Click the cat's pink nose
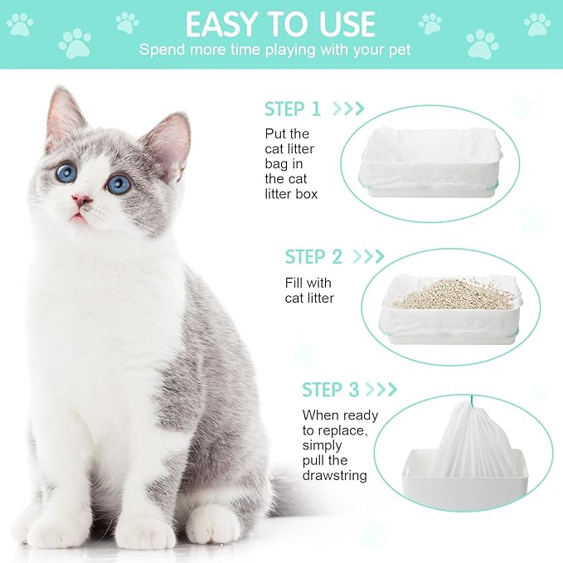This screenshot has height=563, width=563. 81,200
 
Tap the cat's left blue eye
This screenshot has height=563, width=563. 66,172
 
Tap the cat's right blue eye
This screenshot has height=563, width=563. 118,183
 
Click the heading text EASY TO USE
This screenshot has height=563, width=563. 280,24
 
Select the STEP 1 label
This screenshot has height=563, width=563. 292,109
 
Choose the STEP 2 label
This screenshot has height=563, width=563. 313,256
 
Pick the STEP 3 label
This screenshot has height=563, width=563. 330,389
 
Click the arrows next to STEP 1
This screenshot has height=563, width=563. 347,109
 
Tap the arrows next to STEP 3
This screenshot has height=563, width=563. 382,389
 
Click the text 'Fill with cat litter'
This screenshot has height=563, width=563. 309,290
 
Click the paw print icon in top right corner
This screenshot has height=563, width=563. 536,24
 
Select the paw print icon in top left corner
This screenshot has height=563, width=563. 20,24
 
